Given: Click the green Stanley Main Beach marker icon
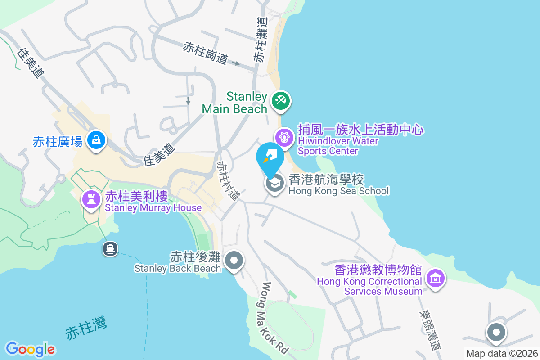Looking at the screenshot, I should coord(281,100).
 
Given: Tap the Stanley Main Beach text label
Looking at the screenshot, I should coord(234,103).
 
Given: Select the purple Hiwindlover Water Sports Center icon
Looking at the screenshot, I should coord(284,136).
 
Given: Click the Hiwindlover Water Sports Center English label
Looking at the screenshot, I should coord(338,146).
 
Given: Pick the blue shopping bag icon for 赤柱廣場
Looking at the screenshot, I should coord(96,140).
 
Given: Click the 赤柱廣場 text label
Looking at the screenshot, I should coord(58,142).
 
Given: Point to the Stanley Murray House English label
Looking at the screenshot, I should coord(153,208).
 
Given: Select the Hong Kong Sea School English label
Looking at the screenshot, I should coord(338,191).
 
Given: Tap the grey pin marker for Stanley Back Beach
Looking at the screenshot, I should coord(234,261).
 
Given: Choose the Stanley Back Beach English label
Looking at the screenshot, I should coord(178,268).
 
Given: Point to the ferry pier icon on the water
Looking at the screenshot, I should coord(110,248).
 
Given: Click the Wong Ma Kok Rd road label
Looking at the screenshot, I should coord(274,317).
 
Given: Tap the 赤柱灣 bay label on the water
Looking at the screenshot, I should coord(86,328).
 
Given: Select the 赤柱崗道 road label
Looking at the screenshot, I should coord(205,53).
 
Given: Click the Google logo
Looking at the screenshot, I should coord(30,349).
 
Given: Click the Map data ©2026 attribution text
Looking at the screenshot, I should coord(502,353).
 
